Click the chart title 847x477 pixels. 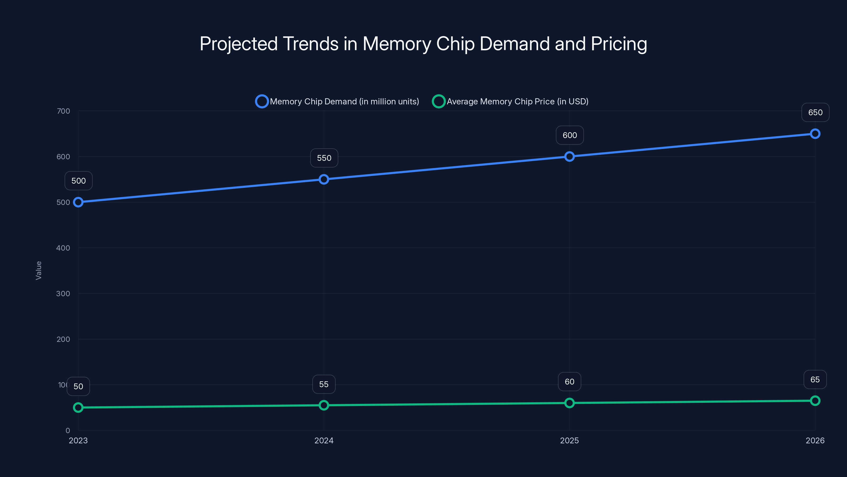[x=423, y=44]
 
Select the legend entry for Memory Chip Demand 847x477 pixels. [x=337, y=101]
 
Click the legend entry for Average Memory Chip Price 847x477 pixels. [x=510, y=101]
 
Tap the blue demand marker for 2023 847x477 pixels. [x=78, y=202]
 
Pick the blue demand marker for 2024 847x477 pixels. [x=324, y=179]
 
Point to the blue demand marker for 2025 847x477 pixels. [x=570, y=156]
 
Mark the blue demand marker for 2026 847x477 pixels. [x=815, y=134]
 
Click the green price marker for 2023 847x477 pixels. [x=78, y=408]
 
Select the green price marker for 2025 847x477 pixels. [x=570, y=403]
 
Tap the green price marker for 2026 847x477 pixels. [x=815, y=401]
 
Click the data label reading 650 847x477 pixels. [x=815, y=113]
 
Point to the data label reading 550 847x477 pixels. [x=324, y=158]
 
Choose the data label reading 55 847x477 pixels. [x=324, y=384]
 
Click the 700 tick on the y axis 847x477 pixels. [x=64, y=111]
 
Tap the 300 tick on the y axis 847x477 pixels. [x=63, y=294]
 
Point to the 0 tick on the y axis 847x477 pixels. [x=68, y=431]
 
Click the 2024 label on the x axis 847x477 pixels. [x=324, y=440]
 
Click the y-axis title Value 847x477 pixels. [x=38, y=271]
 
